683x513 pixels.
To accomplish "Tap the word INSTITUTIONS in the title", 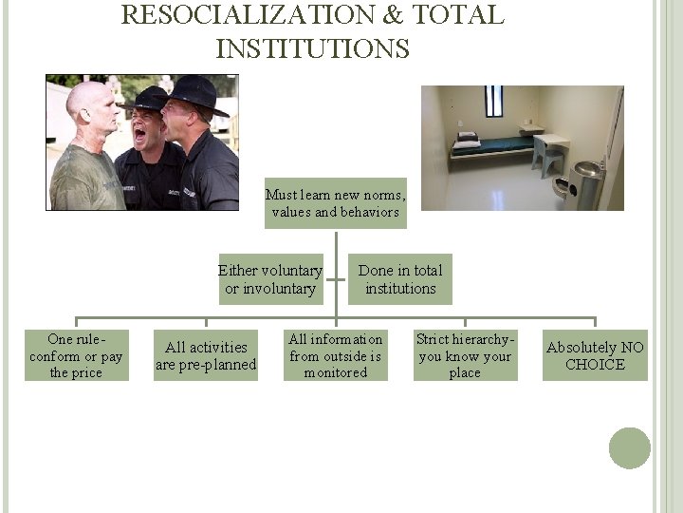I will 313,48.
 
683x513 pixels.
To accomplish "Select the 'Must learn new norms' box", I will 335,203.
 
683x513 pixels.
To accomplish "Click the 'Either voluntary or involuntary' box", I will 270,279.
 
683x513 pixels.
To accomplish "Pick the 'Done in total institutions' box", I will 400,279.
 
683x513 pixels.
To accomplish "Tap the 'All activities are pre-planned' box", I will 206,356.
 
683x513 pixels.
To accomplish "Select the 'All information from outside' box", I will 336,356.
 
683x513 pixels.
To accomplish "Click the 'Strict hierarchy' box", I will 465,356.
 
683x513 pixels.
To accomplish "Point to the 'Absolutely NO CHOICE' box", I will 595,356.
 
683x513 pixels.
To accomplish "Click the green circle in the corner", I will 630,448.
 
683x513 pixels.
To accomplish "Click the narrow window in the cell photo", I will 494,101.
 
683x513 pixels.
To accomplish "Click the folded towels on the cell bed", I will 468,139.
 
